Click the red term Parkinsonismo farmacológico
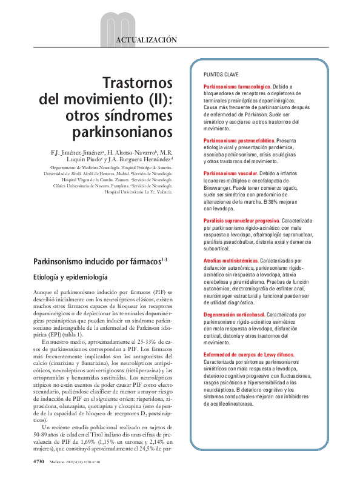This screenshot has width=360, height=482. coord(237,87)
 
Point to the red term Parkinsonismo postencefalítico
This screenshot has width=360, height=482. coord(241,141)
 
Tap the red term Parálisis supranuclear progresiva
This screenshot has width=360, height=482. coord(241,220)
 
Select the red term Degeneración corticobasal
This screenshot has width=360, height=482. coord(234,315)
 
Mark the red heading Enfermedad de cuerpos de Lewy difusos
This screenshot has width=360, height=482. coord(249,354)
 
